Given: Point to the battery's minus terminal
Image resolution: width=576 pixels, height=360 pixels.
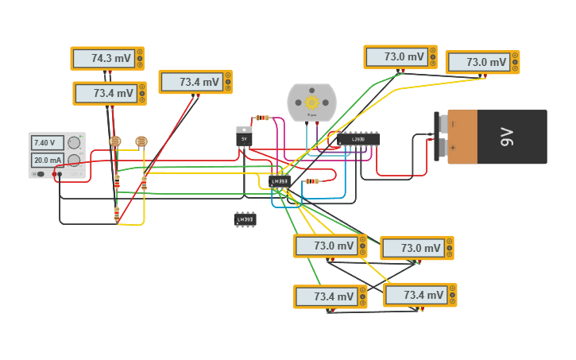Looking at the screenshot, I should click(x=442, y=124).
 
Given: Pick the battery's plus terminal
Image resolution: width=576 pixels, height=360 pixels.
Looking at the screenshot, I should click(x=442, y=148).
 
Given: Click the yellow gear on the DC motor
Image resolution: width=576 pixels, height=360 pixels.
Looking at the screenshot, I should click(x=311, y=102).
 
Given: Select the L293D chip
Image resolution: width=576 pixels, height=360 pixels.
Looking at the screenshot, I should click(x=358, y=140).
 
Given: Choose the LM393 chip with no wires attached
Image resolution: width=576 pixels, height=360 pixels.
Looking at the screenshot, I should click(x=245, y=219).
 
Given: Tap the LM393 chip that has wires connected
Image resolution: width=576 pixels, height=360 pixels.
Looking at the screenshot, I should click(x=280, y=182).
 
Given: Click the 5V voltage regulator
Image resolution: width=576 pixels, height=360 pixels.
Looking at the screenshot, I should click(x=244, y=137).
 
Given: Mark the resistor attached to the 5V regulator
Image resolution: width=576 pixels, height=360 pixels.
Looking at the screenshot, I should click(x=262, y=118).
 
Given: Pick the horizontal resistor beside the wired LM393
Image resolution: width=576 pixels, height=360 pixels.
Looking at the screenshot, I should click(x=311, y=181).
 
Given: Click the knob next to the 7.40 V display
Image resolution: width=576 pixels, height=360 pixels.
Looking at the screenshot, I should click(x=74, y=142).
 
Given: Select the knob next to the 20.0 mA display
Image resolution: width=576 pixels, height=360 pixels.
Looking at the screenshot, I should click(x=74, y=160).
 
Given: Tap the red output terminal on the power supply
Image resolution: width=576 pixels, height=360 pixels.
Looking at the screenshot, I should click(x=54, y=173).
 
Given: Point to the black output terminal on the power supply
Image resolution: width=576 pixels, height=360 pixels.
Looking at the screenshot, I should click(x=60, y=173).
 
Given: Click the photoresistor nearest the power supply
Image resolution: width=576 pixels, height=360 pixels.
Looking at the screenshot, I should click(x=115, y=141).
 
